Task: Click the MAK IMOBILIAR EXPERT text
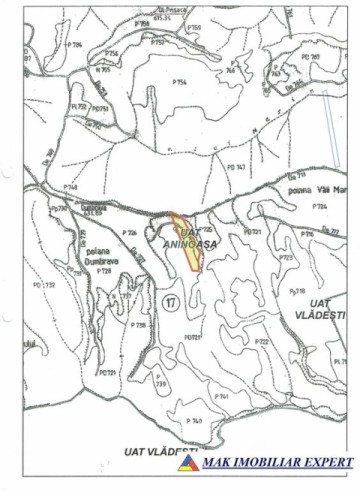tap(277, 463)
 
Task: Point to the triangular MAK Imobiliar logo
tap(188, 462)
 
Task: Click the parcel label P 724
tap(319, 206)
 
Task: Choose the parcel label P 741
tap(222, 395)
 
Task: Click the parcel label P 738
tap(139, 326)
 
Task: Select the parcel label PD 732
tap(43, 285)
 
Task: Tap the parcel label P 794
tap(75, 45)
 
